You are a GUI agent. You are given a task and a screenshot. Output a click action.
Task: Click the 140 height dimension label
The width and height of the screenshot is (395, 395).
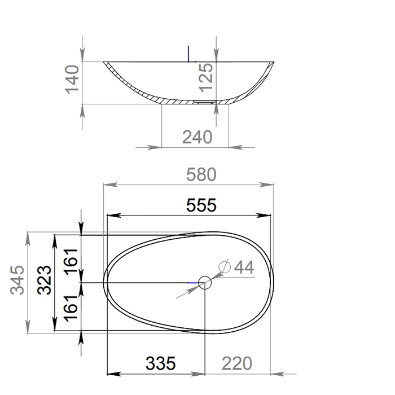pos(73,80)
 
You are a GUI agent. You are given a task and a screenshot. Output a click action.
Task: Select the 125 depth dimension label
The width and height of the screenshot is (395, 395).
pos(207,77)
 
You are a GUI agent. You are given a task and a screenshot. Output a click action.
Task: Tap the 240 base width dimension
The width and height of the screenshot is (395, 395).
pos(197,137)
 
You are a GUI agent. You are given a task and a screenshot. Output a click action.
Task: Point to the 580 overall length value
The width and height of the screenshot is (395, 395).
pos(201,175)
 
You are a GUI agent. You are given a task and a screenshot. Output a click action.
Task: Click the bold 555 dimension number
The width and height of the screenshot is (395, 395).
pos(201,205)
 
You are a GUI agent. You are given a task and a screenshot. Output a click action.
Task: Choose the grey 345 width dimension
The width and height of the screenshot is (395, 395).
pos(18,280)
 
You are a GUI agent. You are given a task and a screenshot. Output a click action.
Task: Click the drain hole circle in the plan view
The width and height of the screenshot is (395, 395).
pos(205,282)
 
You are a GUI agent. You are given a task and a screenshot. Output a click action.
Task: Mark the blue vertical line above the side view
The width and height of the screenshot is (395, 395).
pos(189,52)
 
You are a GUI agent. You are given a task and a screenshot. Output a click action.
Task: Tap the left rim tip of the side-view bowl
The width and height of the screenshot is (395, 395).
pos(105,63)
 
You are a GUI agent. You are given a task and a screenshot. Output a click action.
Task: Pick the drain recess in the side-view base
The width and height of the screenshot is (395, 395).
pos(204,103)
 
